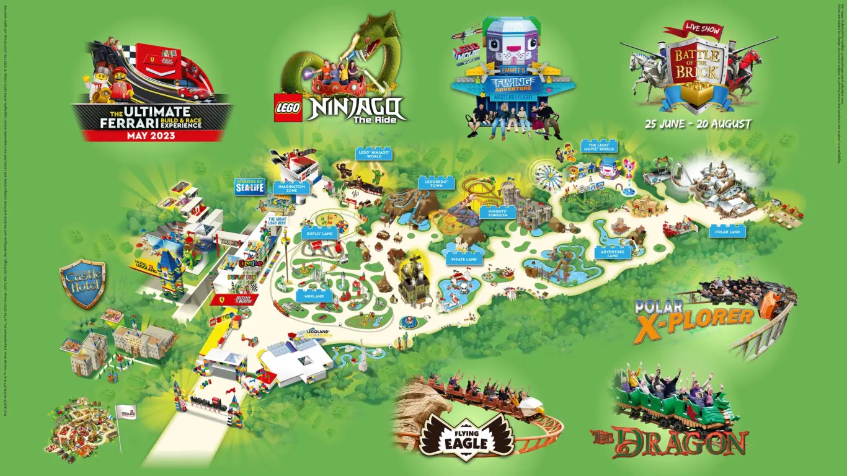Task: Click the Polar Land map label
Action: pyautogui.click(x=727, y=231)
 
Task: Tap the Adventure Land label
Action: pyautogui.click(x=613, y=252)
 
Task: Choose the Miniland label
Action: pyautogui.click(x=314, y=296)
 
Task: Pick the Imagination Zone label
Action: pyautogui.click(x=291, y=188)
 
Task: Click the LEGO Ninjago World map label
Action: pyautogui.click(x=375, y=154)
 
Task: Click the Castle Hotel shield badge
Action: pyautogui.click(x=83, y=284)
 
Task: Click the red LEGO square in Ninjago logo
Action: pyautogui.click(x=288, y=109)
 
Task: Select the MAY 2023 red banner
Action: pyautogui.click(x=153, y=134)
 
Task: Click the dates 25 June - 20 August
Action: pyautogui.click(x=698, y=124)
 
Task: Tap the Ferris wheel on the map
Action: pyautogui.click(x=549, y=175)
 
